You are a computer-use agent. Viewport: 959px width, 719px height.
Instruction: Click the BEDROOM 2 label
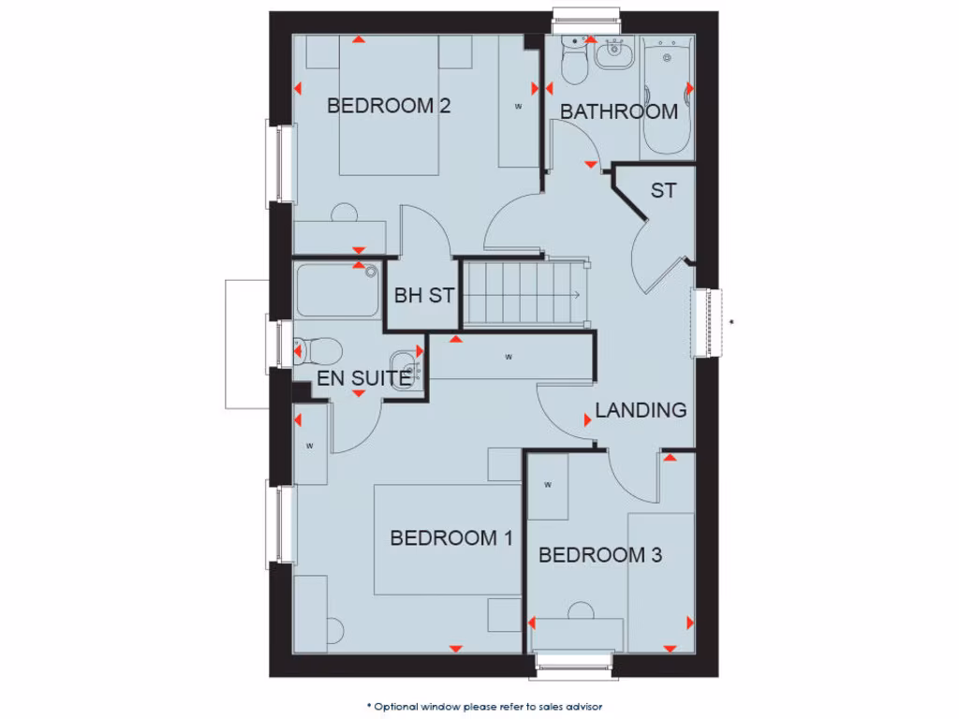click(x=388, y=106)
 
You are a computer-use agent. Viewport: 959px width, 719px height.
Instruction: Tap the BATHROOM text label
click(x=618, y=111)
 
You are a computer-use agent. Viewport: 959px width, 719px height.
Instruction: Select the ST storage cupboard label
click(x=663, y=191)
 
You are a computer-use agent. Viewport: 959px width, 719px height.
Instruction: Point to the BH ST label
click(x=423, y=296)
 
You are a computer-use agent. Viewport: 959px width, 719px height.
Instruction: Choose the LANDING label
click(x=641, y=410)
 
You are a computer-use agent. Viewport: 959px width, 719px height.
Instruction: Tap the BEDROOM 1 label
click(x=450, y=538)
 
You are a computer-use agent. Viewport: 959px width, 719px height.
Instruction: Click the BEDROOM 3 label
click(x=599, y=555)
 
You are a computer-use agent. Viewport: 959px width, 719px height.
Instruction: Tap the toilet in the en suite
click(x=316, y=350)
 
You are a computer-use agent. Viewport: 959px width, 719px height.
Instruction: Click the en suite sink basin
click(x=406, y=364)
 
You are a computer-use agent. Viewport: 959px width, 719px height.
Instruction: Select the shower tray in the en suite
click(x=337, y=290)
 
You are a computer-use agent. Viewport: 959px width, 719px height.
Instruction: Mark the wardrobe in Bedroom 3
click(x=548, y=485)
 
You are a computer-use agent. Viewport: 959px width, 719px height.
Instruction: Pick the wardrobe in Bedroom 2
click(x=518, y=105)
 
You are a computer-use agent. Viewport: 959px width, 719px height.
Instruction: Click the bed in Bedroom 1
click(x=447, y=539)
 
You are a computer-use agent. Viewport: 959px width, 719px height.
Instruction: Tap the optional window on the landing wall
click(x=708, y=322)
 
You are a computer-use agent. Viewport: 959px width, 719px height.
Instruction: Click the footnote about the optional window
click(x=490, y=706)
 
